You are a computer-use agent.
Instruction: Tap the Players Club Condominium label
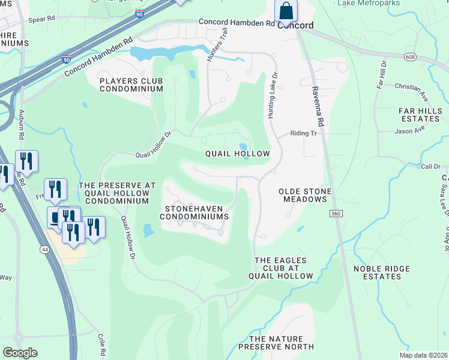(x=131, y=85)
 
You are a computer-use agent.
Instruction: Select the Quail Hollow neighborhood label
(x=237, y=154)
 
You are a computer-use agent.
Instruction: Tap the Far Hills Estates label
(x=420, y=115)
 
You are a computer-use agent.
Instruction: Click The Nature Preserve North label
(x=276, y=343)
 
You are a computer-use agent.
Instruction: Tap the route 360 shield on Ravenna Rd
(x=336, y=214)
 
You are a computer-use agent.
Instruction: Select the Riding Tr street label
(x=303, y=134)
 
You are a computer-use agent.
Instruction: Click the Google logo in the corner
(x=20, y=352)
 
